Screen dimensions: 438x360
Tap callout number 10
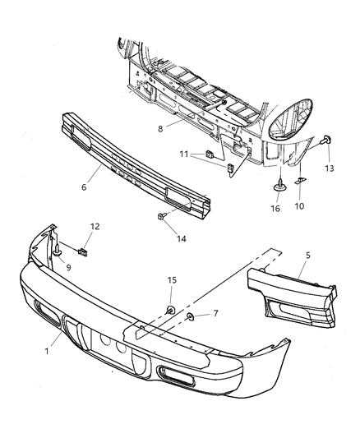[298, 206]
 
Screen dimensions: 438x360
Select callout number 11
[186, 154]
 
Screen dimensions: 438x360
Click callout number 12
[95, 227]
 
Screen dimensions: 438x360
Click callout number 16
[275, 209]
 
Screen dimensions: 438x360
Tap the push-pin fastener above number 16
[279, 186]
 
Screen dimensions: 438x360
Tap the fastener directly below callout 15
[169, 310]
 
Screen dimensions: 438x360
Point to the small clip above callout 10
[301, 182]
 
